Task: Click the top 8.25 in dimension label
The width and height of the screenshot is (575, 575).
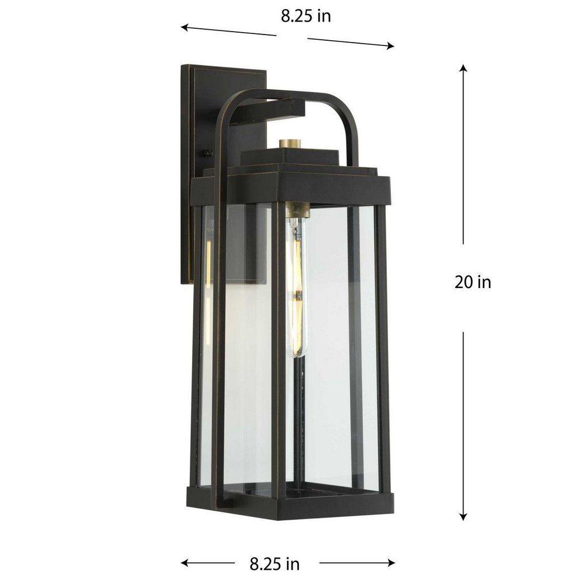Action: (x=306, y=16)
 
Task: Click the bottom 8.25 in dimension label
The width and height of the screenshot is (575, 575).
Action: (x=274, y=562)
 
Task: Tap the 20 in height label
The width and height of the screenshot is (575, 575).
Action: (x=473, y=282)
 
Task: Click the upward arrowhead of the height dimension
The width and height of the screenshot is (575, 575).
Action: (x=463, y=68)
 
